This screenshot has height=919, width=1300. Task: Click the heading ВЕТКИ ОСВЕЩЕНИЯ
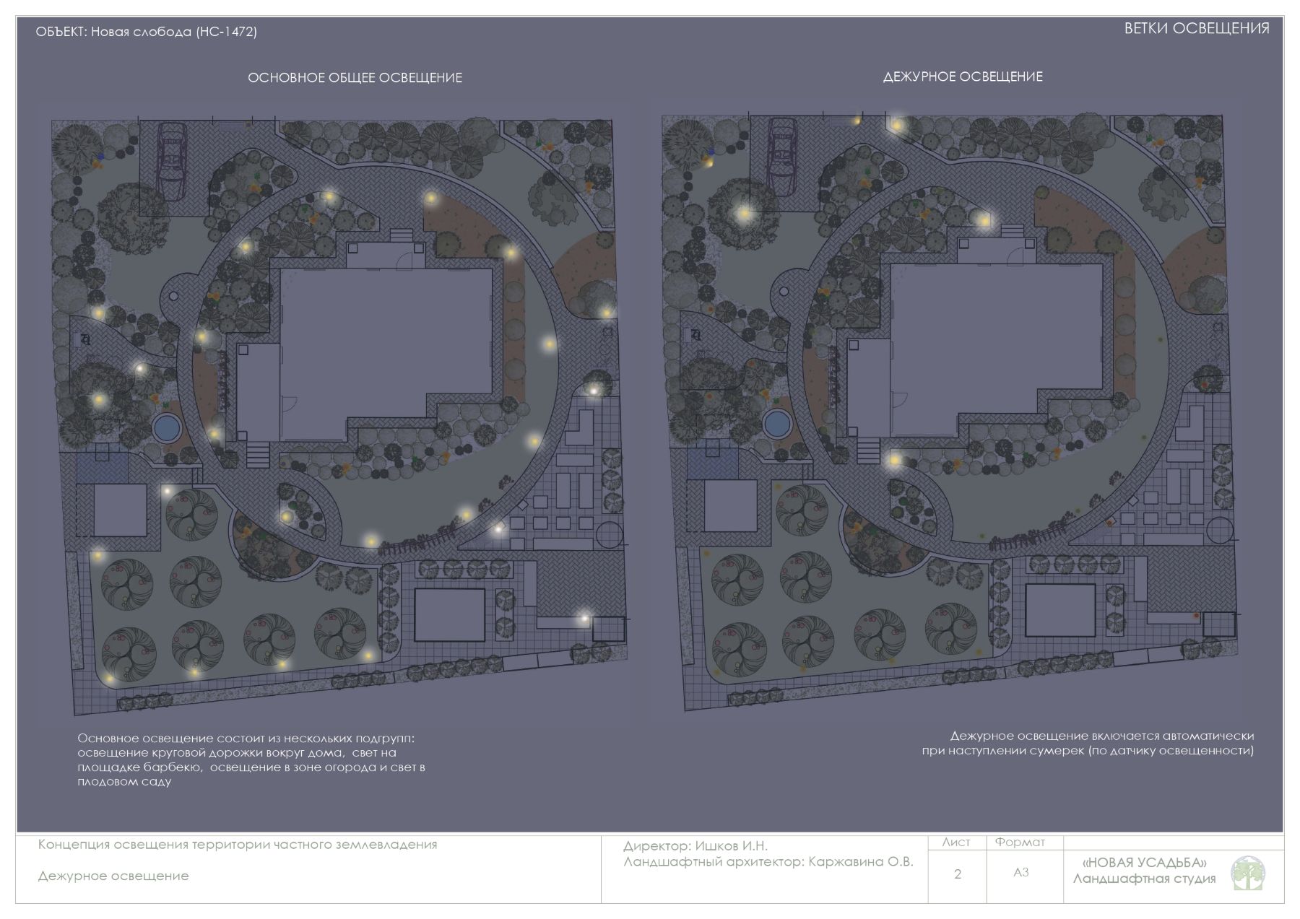coord(1197,29)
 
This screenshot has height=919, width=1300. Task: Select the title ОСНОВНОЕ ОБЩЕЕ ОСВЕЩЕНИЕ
coord(355,78)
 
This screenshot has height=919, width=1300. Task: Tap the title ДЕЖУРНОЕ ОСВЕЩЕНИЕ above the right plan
coord(963,77)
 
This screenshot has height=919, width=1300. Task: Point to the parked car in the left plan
coord(172,161)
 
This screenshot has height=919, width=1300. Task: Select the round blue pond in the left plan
coord(167,427)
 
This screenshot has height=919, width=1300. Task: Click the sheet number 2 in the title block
coord(958,874)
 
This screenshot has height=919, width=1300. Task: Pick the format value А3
coord(1020,873)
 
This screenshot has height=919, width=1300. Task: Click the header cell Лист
coord(956,842)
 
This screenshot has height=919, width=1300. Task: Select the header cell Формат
coord(1020,842)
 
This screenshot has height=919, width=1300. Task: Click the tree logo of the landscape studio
coord(1248,874)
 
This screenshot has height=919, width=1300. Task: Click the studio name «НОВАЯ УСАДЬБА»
coord(1145,863)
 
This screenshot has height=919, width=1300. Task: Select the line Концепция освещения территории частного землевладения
coord(238,845)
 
